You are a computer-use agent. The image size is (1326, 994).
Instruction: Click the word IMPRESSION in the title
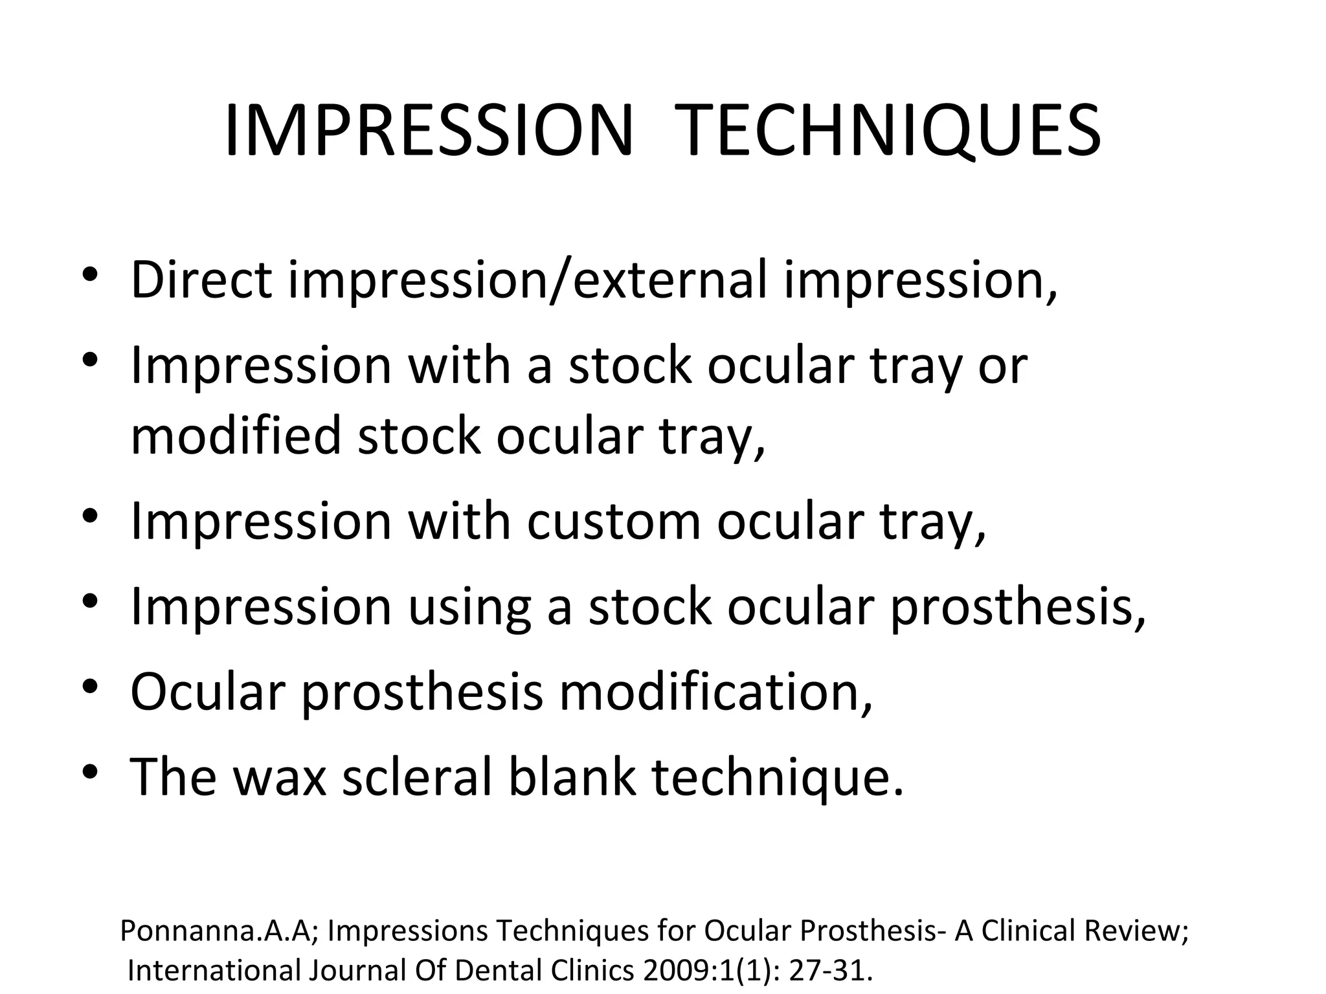[x=427, y=132]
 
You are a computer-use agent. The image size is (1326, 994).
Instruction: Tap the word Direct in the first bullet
[x=201, y=280]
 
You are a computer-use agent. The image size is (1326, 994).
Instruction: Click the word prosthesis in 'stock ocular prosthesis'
[x=1009, y=608]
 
